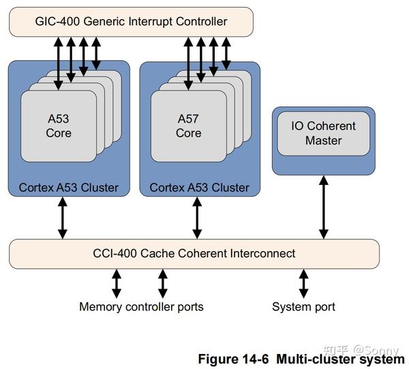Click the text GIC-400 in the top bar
pyautogui.click(x=57, y=22)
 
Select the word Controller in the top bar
pyautogui.click(x=201, y=22)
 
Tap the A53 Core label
pyautogui.click(x=59, y=126)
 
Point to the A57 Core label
pyautogui.click(x=188, y=126)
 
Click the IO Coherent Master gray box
pyautogui.click(x=323, y=133)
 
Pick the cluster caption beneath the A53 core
pyautogui.click(x=68, y=187)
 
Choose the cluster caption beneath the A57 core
pyautogui.click(x=199, y=187)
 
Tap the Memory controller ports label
pyautogui.click(x=141, y=307)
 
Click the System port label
pyautogui.click(x=303, y=307)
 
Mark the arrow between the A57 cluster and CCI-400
pyautogui.click(x=198, y=218)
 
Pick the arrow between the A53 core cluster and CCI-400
pyautogui.click(x=63, y=218)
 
